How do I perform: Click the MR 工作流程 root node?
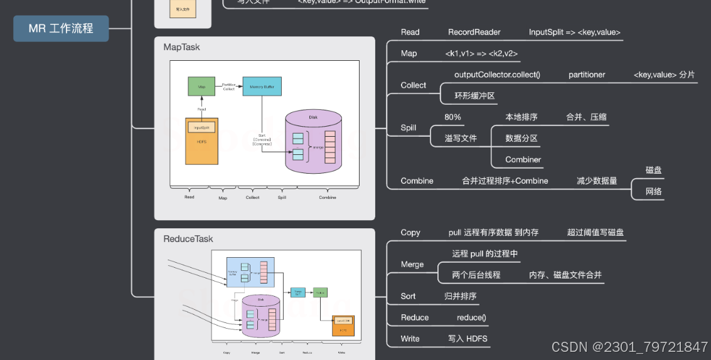click(61, 28)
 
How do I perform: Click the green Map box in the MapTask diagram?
click(201, 86)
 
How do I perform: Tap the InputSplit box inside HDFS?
click(201, 127)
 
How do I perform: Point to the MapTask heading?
click(181, 47)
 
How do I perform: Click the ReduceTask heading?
click(188, 239)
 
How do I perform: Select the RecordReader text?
click(474, 32)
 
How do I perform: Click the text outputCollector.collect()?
click(497, 75)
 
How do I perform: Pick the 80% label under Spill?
click(452, 117)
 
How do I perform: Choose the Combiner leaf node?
click(523, 159)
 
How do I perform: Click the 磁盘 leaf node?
click(653, 170)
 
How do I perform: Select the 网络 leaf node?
click(653, 191)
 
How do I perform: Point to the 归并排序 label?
click(460, 296)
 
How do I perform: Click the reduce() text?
click(471, 317)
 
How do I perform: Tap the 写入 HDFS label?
click(468, 339)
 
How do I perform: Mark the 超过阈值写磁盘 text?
click(595, 232)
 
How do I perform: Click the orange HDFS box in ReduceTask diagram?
click(343, 326)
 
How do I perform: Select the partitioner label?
click(587, 75)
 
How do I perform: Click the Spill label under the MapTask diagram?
click(282, 198)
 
